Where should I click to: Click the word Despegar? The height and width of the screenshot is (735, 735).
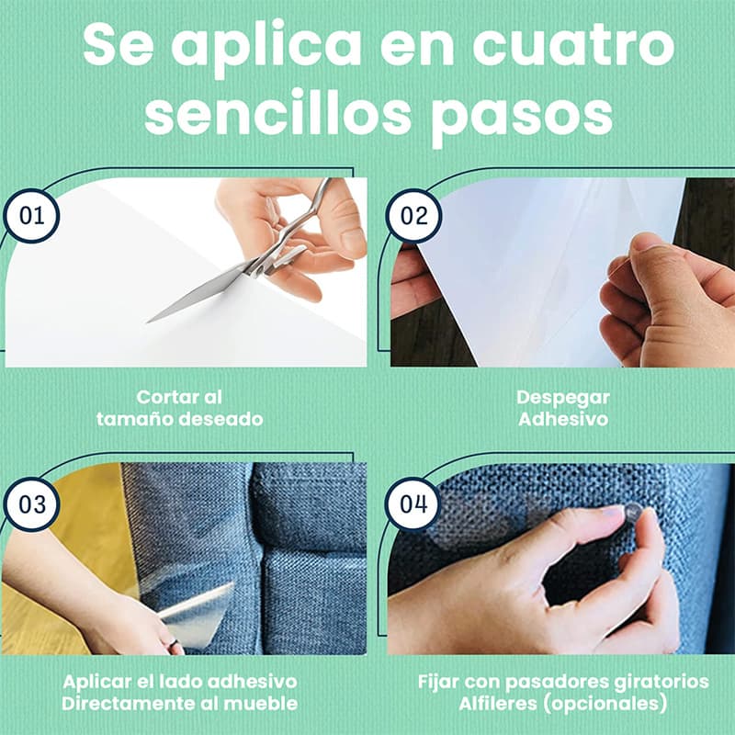click(563, 398)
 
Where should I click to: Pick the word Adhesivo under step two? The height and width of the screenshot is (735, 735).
click(563, 419)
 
